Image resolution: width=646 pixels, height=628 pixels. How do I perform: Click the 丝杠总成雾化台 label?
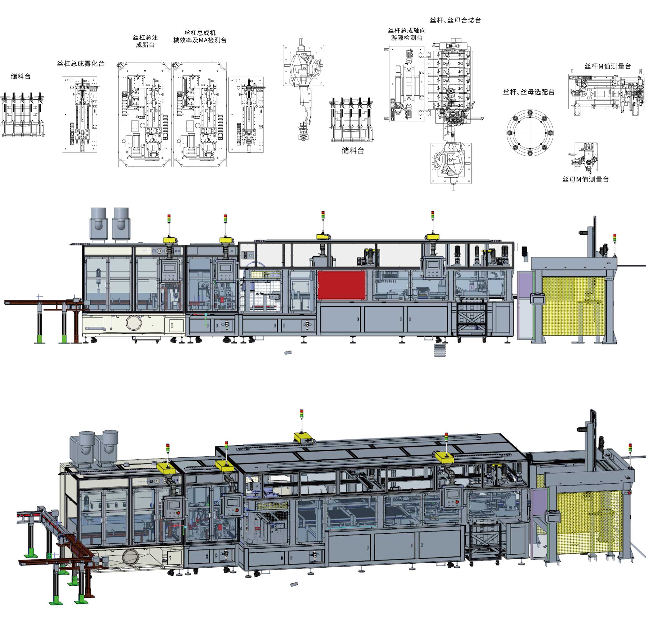point(80,64)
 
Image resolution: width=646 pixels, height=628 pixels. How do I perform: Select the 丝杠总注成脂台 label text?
point(145,41)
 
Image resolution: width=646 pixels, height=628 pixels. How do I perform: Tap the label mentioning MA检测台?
point(200,37)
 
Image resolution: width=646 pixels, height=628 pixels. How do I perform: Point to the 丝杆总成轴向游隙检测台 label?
point(407,34)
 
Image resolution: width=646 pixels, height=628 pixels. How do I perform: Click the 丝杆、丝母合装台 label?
point(455,20)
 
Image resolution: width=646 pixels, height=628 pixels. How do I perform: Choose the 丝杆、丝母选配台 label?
point(529,92)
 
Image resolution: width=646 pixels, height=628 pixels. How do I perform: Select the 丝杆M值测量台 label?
point(608,66)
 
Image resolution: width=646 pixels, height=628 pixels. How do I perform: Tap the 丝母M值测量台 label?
point(585,179)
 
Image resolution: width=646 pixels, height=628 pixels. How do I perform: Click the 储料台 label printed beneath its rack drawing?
point(353,151)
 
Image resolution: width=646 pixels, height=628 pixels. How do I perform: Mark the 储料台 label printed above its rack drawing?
point(21,77)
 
